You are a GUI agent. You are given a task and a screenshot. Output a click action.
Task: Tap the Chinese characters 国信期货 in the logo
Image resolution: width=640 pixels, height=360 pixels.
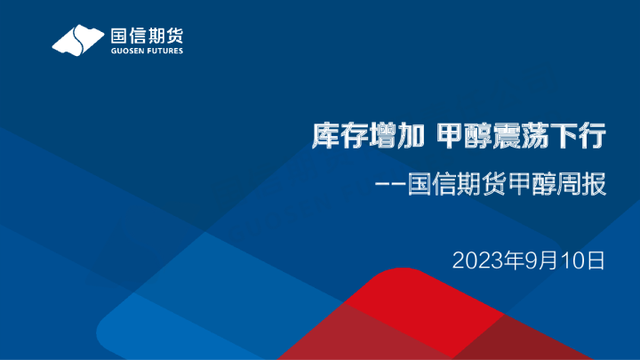click(x=147, y=35)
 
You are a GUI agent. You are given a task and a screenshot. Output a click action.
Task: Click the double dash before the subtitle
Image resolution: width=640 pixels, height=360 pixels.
click(x=391, y=187)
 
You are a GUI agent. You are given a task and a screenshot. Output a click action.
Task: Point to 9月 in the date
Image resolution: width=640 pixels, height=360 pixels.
click(x=536, y=260)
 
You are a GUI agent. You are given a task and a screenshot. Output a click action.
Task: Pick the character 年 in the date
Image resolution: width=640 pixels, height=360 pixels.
click(x=513, y=260)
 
